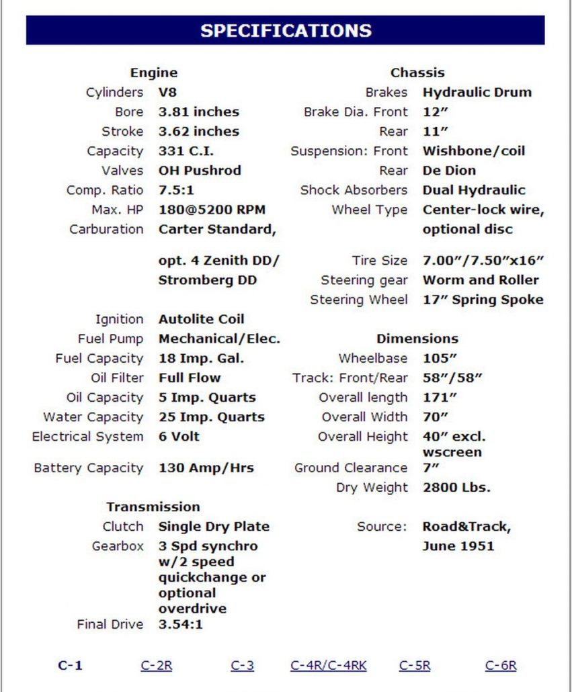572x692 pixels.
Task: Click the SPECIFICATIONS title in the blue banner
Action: coord(286,31)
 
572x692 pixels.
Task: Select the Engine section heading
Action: coord(154,73)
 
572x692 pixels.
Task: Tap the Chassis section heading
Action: coord(417,73)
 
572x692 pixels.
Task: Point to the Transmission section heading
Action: coord(153,507)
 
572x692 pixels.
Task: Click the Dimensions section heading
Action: coord(417,339)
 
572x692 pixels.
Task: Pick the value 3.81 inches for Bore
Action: coord(199,112)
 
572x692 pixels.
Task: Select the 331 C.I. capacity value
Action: coord(186,151)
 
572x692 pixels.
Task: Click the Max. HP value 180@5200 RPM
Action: coord(208,210)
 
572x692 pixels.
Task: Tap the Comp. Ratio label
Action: coord(105,190)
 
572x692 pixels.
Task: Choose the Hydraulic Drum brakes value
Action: coord(477,92)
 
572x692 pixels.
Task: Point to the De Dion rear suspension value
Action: coord(449,171)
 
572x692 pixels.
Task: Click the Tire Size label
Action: coord(380,261)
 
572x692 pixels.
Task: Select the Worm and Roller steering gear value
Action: coord(481,280)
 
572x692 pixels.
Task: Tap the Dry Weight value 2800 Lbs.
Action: coord(456,488)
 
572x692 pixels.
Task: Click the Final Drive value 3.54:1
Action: coord(181,624)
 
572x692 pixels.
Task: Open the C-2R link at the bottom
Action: coord(157,666)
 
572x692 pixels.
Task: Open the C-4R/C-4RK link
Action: coord(329,666)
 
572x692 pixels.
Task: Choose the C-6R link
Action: coord(501,666)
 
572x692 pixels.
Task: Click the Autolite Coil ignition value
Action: coord(202,319)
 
